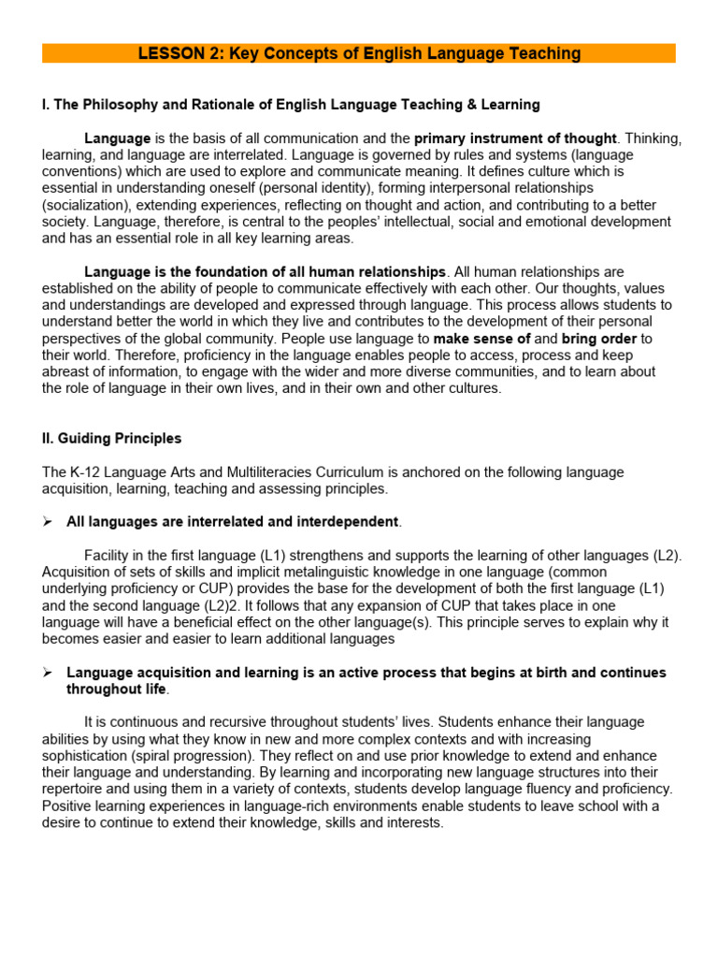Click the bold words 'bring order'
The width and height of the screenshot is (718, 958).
pyautogui.click(x=598, y=339)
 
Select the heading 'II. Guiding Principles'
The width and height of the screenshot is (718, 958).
pyautogui.click(x=112, y=439)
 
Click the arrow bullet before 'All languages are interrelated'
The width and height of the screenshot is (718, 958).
pyautogui.click(x=48, y=521)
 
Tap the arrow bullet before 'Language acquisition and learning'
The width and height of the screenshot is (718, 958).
pyautogui.click(x=48, y=673)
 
